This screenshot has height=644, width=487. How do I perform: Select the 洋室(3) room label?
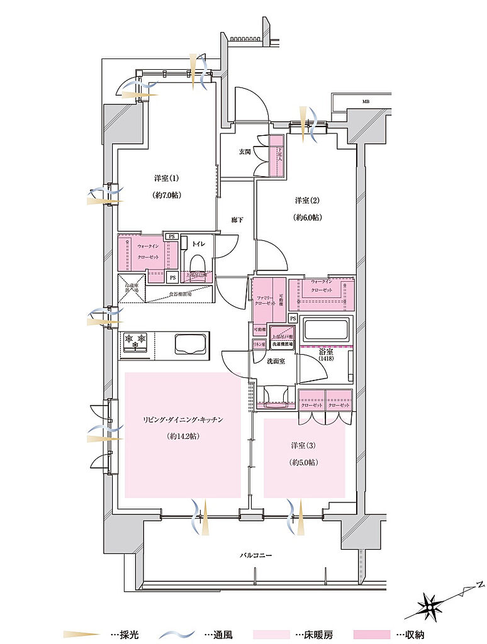(304, 445)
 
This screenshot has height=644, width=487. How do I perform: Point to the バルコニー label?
(255, 556)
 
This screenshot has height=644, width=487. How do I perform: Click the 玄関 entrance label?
(244, 152)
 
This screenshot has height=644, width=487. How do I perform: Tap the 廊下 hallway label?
(237, 219)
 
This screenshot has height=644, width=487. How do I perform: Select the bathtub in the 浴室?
(327, 330)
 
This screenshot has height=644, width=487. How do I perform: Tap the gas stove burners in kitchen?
(135, 342)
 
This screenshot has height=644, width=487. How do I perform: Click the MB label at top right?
(366, 101)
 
